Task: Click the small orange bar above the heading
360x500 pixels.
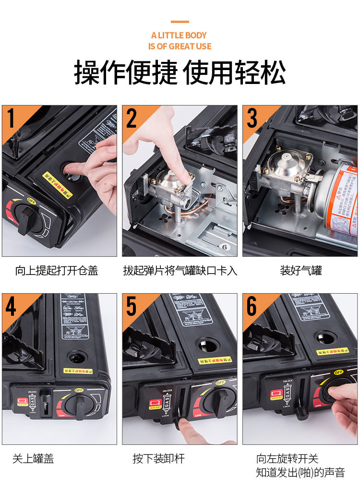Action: click(180, 22)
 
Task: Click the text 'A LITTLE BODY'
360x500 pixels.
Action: click(179, 35)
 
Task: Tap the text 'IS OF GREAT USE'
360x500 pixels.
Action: click(180, 47)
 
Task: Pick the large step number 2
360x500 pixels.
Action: click(132, 119)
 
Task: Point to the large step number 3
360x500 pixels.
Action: click(252, 119)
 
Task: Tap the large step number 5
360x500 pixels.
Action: click(132, 307)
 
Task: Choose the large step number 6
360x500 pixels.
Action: click(252, 307)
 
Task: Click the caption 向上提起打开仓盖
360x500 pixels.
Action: click(57, 271)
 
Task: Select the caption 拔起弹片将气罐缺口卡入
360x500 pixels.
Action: click(180, 271)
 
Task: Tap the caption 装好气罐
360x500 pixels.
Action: click(300, 271)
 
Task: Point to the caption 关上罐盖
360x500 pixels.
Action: click(33, 459)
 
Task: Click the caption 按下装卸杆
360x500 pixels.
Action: click(158, 459)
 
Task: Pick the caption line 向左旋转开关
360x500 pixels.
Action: click(287, 459)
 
